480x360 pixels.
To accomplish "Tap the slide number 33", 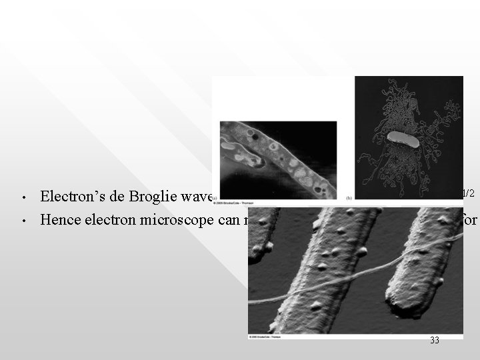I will coord(435,340).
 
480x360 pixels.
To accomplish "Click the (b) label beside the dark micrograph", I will coord(349,198).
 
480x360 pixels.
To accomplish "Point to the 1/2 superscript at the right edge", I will coord(468,193).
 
